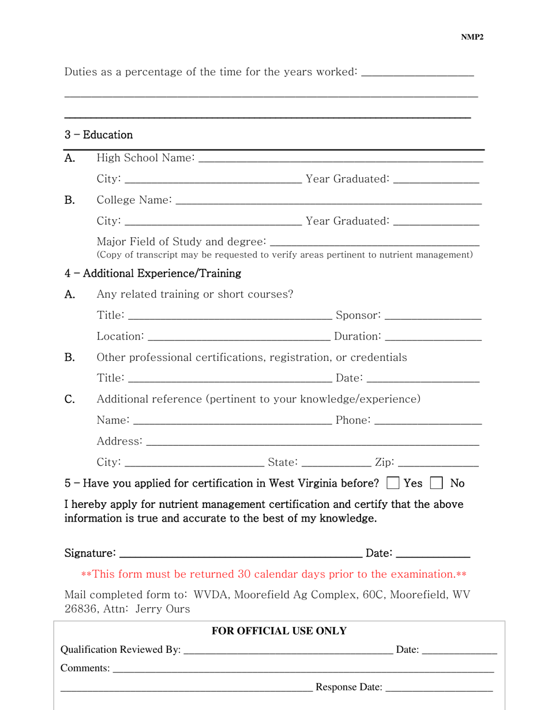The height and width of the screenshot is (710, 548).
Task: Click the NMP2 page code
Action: pos(472,38)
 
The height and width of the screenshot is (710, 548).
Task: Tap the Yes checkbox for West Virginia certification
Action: pos(393,483)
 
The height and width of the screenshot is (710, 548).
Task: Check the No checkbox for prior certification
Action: pos(437,483)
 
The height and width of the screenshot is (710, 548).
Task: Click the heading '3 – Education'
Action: pos(99,135)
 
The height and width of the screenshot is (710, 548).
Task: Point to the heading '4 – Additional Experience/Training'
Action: pos(153,273)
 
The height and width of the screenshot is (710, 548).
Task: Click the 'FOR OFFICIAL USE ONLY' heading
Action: pos(279,631)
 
